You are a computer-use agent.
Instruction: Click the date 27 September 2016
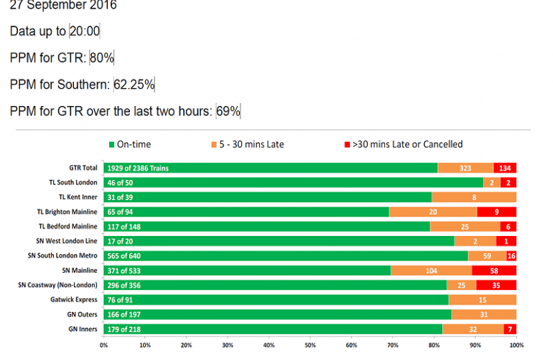pos(63,5)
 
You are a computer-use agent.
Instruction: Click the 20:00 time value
pos(85,31)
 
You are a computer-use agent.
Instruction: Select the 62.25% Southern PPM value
pos(134,85)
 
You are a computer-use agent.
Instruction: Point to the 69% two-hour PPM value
pos(228,111)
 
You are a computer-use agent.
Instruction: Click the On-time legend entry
pos(130,144)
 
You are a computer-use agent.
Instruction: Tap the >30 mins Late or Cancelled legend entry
pos(403,144)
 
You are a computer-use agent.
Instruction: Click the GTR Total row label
pos(83,168)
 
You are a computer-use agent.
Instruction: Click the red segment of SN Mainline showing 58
pos(494,271)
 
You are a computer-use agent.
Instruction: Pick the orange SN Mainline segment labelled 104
pos(431,271)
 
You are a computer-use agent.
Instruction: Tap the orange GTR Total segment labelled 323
pos(465,168)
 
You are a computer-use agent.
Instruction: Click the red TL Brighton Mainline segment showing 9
pos(496,212)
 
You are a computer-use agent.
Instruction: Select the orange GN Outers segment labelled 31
pos(484,315)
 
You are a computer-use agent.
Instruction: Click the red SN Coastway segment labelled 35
pos(496,285)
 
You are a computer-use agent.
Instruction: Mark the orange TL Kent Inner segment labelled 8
pos(474,197)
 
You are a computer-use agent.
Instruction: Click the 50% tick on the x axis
pos(310,345)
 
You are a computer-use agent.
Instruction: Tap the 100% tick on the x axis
pos(516,345)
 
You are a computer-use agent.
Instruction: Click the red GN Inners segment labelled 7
pos(510,329)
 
